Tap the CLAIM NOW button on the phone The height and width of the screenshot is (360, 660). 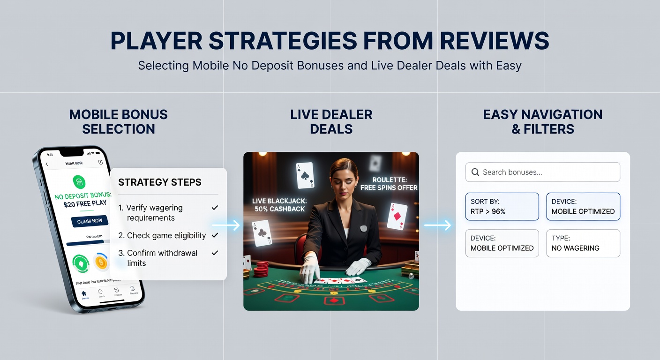[x=90, y=221]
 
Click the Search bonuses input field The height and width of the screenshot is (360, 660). [x=548, y=172]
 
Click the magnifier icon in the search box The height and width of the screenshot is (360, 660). [x=475, y=172]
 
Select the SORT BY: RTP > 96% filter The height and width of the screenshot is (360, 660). [x=502, y=206]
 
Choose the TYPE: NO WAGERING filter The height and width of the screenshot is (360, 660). [x=583, y=243]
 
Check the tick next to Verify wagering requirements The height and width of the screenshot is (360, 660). [x=215, y=207]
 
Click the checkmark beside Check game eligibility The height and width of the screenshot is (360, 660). [x=215, y=235]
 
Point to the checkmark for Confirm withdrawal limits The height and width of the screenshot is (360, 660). [x=215, y=253]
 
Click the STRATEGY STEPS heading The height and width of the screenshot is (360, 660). [x=160, y=182]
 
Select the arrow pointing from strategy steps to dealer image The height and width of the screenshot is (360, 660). [x=225, y=225]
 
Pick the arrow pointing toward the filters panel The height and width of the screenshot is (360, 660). [x=437, y=225]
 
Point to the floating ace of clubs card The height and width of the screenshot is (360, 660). [x=262, y=233]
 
